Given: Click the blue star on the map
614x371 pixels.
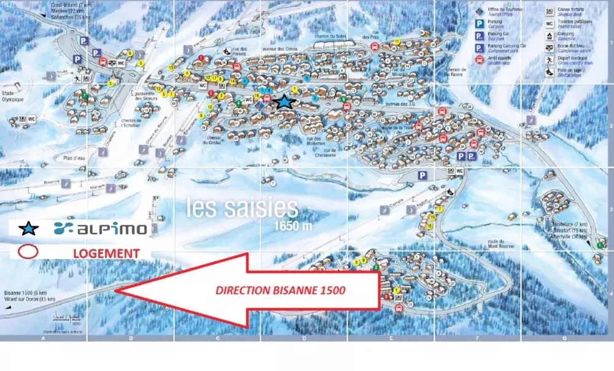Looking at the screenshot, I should pyautogui.click(x=285, y=102).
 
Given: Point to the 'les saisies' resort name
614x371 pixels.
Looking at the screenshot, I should pyautogui.click(x=242, y=208).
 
